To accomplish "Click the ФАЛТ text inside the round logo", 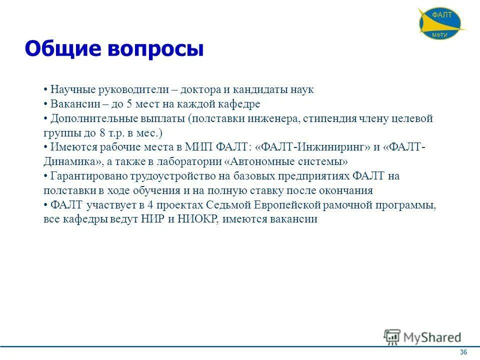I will pos(441,15).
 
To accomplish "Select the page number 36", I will pos(463,352).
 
